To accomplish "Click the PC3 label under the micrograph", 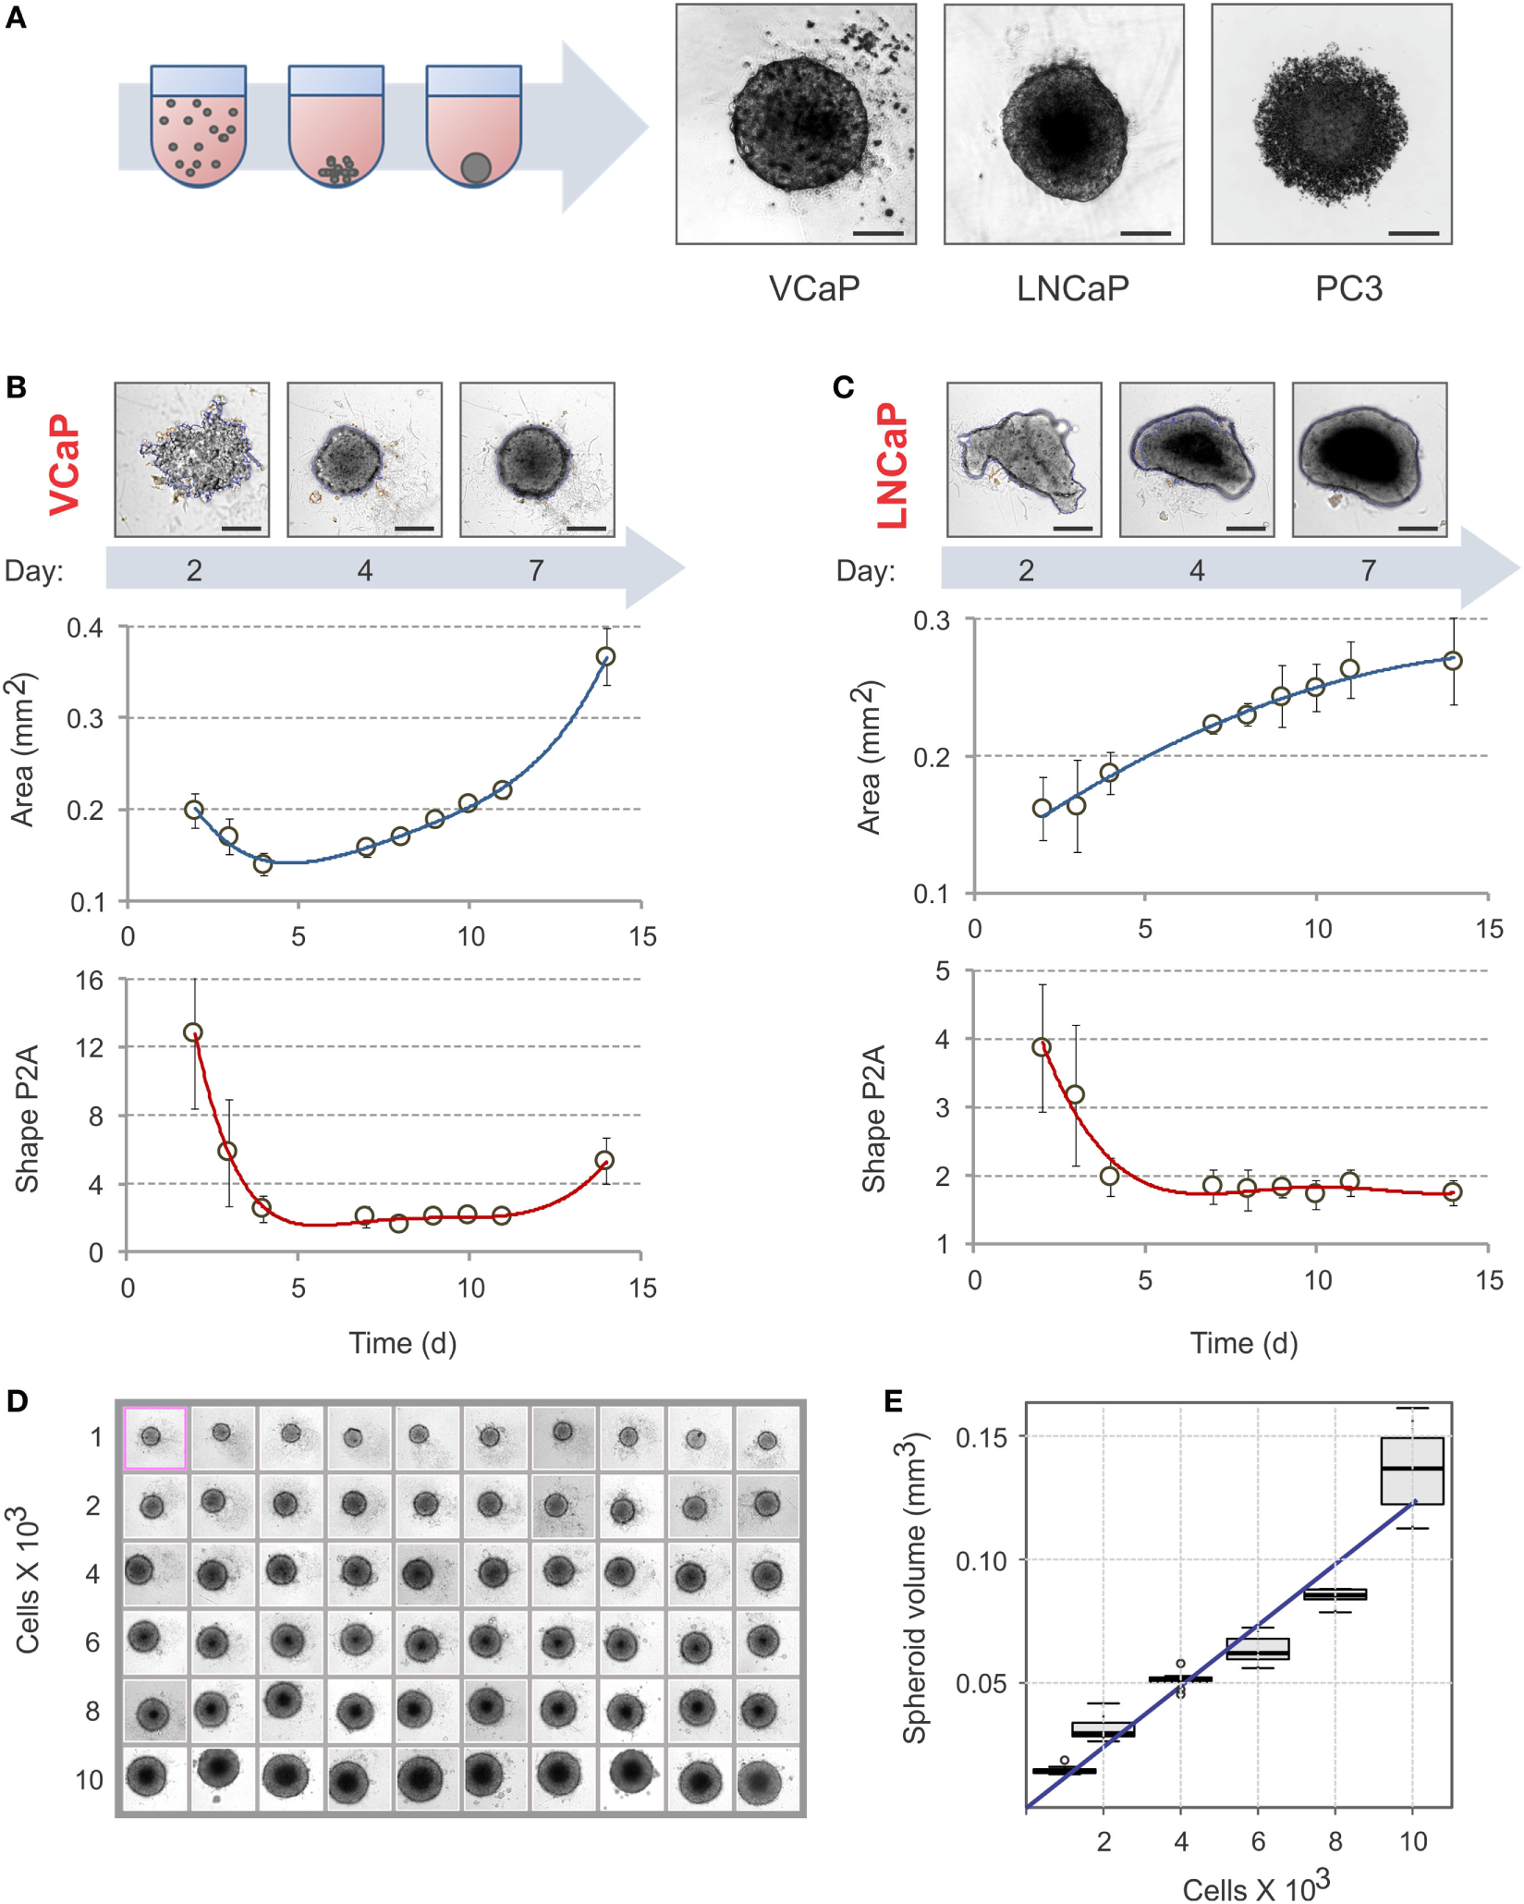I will coord(1348,289).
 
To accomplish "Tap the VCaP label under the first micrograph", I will coord(814,289).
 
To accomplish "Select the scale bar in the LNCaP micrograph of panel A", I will coord(1145,234).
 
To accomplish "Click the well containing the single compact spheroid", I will coord(474,127).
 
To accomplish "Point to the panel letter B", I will coord(16,387).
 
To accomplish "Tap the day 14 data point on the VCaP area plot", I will coord(605,657).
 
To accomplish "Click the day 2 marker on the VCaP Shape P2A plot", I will coord(193,1032).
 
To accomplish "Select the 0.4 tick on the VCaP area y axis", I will coord(85,629).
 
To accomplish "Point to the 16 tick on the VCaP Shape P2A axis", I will coord(90,981).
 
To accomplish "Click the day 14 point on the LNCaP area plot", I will coord(1452,661).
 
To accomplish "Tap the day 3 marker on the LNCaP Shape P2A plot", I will coord(1075,1095).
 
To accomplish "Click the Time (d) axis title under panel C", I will coord(1243,1343).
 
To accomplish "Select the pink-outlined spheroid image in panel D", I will coord(155,1437).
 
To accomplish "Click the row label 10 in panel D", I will coord(90,1779).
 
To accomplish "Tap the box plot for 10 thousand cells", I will coord(1411,1471).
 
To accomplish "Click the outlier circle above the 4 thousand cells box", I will coord(1180,1664).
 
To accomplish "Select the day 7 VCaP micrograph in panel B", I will coord(537,459).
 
